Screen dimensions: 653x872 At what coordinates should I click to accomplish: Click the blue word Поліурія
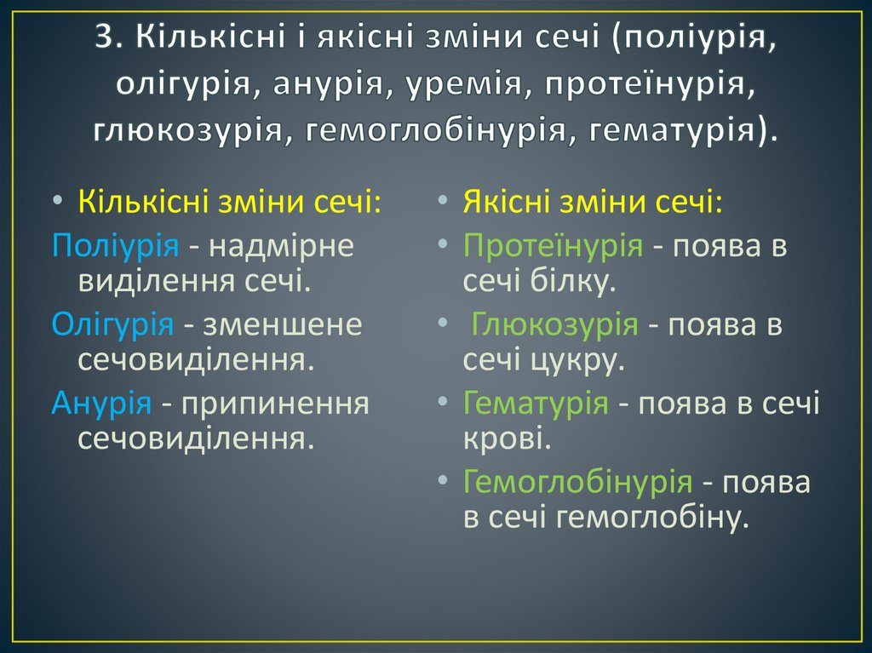[114, 246]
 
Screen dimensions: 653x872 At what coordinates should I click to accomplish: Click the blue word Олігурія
[112, 324]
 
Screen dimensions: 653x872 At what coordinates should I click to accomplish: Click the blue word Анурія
[101, 402]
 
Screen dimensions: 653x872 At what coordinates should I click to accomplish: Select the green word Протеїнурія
[553, 246]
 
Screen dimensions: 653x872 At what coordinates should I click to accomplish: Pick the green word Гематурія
[536, 402]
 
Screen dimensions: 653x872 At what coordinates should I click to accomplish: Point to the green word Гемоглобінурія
[577, 481]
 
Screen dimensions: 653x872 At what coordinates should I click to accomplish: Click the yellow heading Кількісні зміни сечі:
[229, 203]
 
